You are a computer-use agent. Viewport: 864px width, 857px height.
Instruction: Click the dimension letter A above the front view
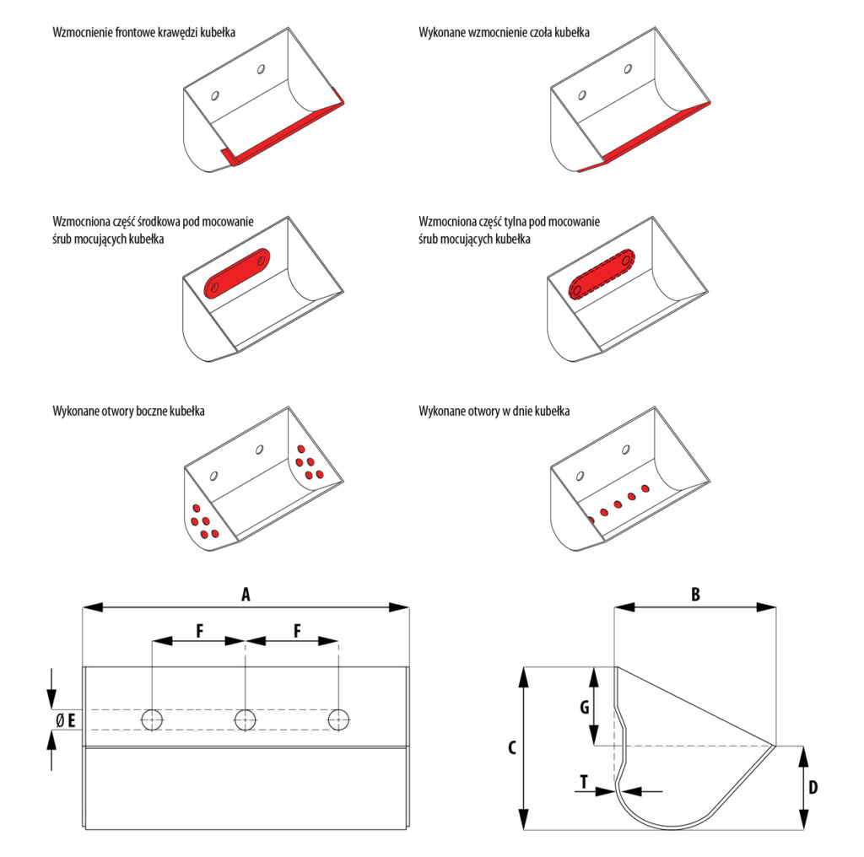(246, 595)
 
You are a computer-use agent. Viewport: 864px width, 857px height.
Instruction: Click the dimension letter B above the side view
(695, 594)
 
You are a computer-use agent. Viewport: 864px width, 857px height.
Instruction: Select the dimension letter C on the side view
(512, 748)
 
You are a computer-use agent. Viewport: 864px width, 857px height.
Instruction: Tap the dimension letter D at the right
(813, 788)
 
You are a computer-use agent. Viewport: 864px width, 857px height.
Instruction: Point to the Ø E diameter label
(66, 720)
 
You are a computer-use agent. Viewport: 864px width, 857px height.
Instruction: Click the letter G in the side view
(583, 708)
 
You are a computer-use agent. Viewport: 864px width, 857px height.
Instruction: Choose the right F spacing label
(296, 629)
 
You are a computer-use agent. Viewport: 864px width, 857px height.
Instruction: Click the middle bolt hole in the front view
(246, 720)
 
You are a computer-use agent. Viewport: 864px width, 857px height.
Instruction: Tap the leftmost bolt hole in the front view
(153, 720)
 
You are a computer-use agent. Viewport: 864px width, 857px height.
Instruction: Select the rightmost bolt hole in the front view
(338, 720)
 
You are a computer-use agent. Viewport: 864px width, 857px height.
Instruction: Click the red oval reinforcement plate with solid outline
(237, 273)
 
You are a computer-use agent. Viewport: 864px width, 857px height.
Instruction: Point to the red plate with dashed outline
(601, 273)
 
